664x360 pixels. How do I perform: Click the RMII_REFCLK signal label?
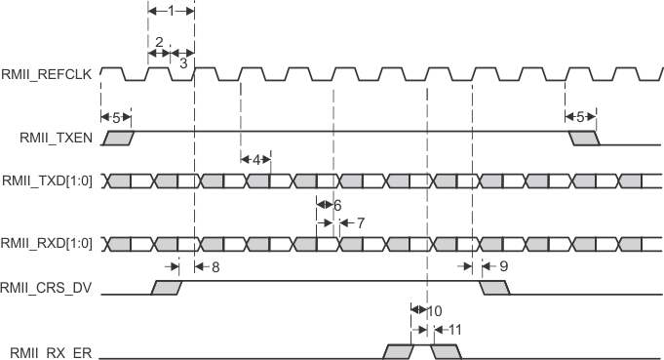[x=49, y=73]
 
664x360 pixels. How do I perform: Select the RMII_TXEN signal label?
[x=56, y=138]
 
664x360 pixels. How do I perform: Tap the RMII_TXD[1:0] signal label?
[x=50, y=180]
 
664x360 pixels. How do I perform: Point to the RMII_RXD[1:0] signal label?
[x=50, y=242]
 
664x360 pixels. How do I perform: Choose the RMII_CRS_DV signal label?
[x=50, y=288]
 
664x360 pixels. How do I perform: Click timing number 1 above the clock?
[x=172, y=11]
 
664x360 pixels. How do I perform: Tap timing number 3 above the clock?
[x=182, y=61]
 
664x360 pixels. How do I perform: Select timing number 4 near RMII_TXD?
[x=255, y=158]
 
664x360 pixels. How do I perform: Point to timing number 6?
[x=337, y=206]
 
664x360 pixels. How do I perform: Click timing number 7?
[x=360, y=222]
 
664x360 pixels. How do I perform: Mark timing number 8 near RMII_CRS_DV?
[x=215, y=264]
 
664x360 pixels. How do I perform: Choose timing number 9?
[x=503, y=264]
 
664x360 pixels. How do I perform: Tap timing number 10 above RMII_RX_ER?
[x=436, y=310]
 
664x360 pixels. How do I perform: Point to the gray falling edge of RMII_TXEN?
[x=585, y=138]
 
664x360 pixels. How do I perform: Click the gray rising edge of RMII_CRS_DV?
[x=168, y=288]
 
